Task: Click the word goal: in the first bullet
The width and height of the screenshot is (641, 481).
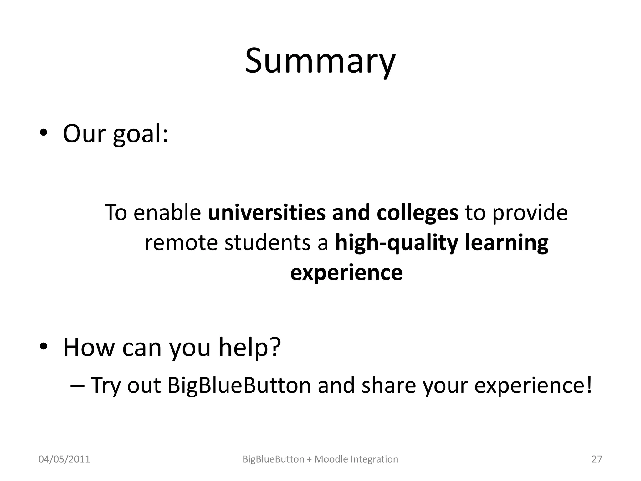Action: (x=141, y=135)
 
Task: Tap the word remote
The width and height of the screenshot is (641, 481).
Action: (x=181, y=243)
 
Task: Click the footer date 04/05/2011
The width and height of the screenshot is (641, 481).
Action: (x=64, y=459)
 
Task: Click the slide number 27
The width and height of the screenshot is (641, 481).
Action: (x=597, y=459)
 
